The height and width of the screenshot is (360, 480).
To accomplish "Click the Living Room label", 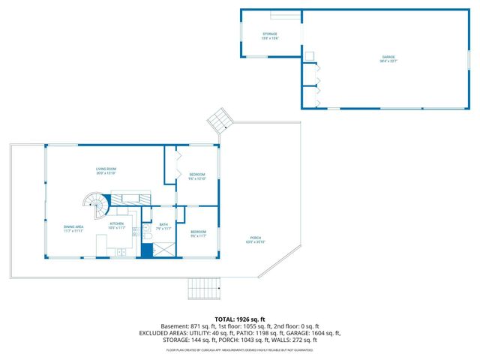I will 104,170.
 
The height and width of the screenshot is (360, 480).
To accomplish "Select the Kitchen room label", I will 117,224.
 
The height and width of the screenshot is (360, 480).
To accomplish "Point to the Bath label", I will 164,226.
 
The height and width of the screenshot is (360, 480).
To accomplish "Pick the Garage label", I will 388,58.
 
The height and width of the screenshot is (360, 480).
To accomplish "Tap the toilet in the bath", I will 147,237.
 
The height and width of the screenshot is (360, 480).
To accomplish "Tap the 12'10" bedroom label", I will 196,177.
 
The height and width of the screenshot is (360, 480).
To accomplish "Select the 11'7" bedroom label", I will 198,234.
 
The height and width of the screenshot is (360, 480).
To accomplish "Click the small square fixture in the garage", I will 308,55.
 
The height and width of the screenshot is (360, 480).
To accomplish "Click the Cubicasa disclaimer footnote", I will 239,349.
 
